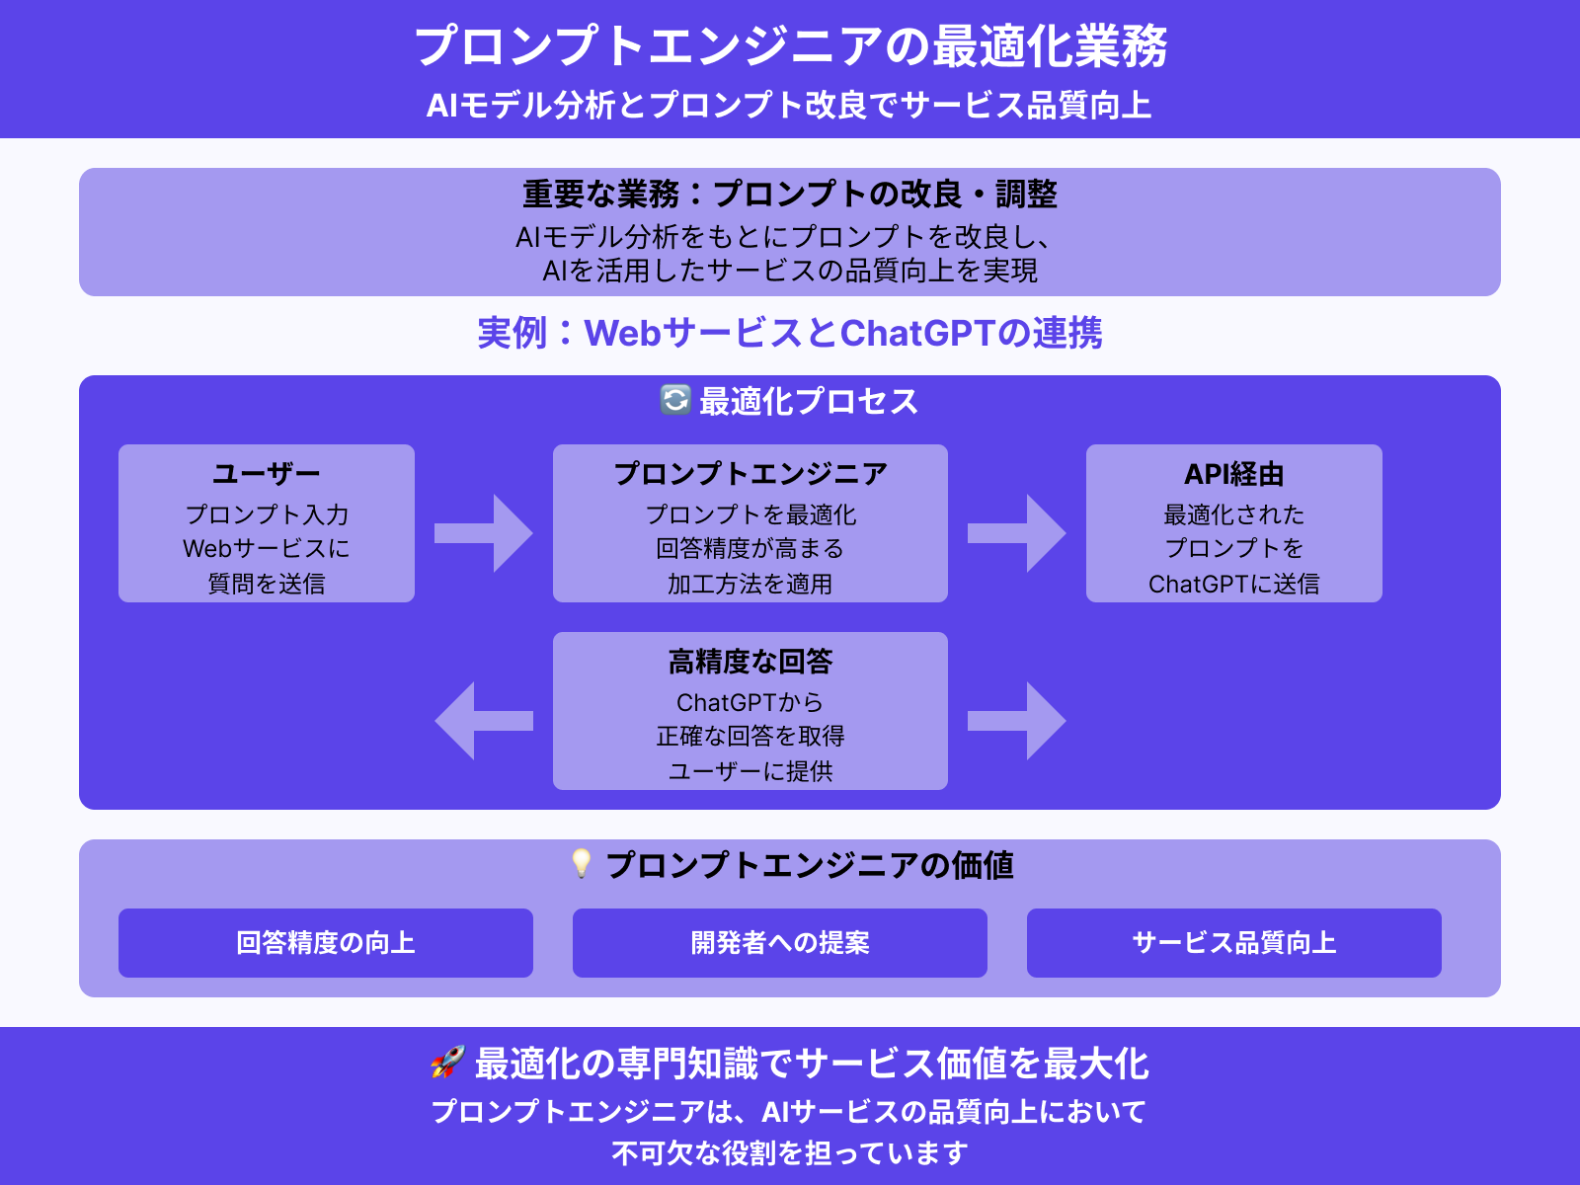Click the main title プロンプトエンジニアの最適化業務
pos(790,46)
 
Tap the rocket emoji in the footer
pos(447,1063)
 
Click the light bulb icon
pos(582,863)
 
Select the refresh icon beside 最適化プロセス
pos(675,400)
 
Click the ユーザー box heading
pos(267,474)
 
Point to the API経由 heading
pos(1234,474)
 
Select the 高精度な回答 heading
pos(750,662)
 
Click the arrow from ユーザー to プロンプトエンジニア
pos(484,533)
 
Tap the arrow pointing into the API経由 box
pos(1017,533)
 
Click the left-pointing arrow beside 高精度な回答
pos(484,721)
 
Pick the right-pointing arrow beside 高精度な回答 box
pos(1017,721)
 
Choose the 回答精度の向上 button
pos(326,943)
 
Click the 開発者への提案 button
pos(780,943)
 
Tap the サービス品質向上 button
pos(1234,943)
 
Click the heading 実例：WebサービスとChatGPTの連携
pos(790,333)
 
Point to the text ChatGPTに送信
pos(1234,584)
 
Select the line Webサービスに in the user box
pos(267,548)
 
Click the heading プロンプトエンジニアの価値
pos(810,865)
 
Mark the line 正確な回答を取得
pos(750,736)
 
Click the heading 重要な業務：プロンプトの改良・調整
pos(790,194)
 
